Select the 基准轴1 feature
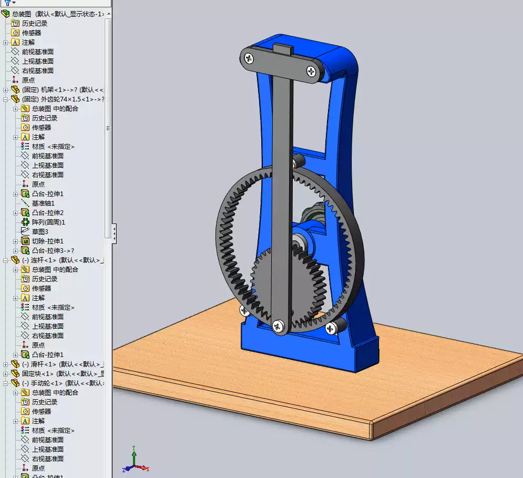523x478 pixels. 43,204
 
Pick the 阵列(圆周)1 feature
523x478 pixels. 48,222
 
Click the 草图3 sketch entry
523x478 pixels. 40,232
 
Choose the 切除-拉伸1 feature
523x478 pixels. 47,241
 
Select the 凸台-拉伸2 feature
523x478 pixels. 47,213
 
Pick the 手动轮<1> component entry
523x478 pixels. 52,383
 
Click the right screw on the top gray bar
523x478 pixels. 313,70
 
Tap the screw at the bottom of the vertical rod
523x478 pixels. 277,326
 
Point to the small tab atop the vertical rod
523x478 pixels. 283,50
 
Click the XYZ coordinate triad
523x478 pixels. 135,461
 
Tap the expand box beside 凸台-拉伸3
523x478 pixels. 16,251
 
